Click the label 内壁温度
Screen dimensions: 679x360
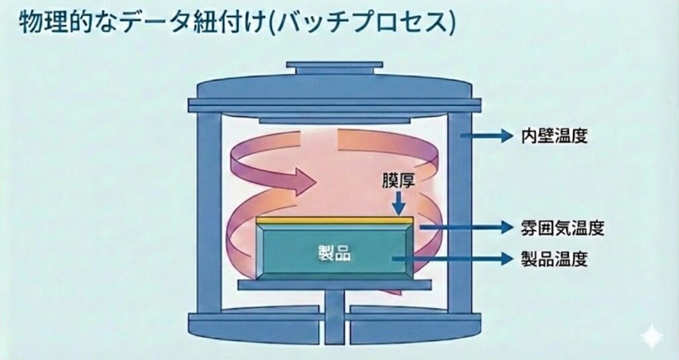pos(554,137)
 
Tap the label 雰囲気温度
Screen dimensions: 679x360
pos(562,227)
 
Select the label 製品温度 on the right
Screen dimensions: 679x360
pos(554,259)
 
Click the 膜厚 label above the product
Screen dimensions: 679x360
pos(398,181)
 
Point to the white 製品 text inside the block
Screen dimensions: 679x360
pos(334,253)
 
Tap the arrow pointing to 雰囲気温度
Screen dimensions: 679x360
pos(466,227)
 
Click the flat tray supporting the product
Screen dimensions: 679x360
pos(334,284)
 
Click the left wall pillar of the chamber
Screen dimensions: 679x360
pos(209,212)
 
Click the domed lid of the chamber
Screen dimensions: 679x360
pos(334,89)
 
